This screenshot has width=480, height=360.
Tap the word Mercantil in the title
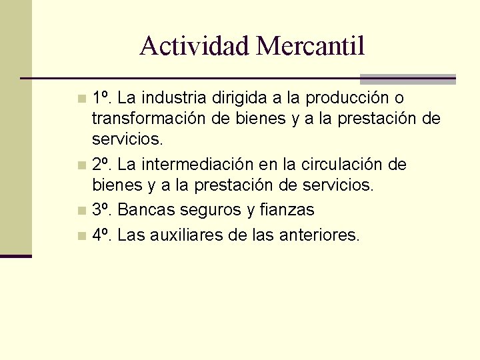click(310, 46)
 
